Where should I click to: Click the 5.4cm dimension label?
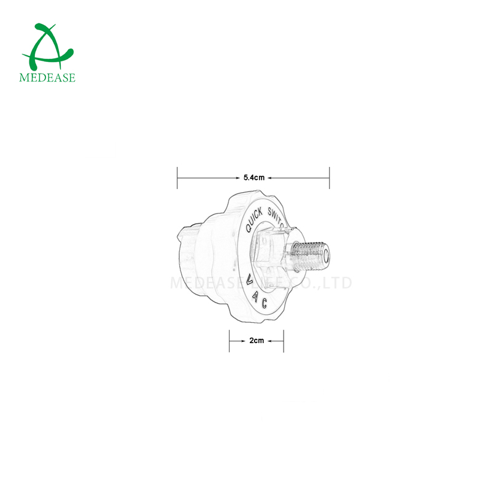click(253, 177)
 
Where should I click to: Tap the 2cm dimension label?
click(257, 341)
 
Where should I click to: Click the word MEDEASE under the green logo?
click(47, 77)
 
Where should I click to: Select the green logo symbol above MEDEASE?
click(47, 47)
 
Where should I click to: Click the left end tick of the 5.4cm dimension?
click(177, 177)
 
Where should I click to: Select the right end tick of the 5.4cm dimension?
click(330, 177)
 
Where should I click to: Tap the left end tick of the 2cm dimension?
click(230, 341)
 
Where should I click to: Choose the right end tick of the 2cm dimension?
click(284, 341)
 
